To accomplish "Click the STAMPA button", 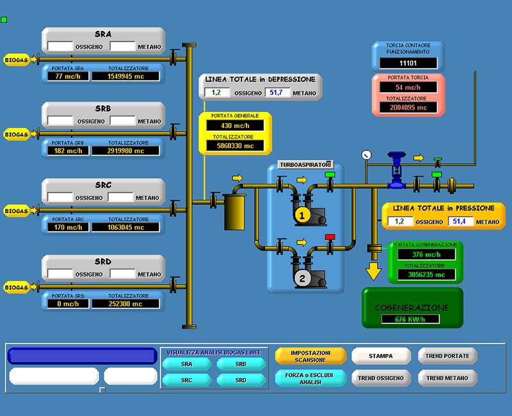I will coord(380,356).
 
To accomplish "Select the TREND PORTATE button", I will coord(447,356).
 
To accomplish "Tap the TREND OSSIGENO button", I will coord(380,378).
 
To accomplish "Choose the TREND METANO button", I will coord(447,378).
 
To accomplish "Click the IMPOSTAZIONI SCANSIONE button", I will coord(310,356).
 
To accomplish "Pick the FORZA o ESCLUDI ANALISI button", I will coord(310,378).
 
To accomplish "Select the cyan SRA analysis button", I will coord(186,364).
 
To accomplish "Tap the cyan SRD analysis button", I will coord(241,380).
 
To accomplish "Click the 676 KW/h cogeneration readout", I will coord(411,319).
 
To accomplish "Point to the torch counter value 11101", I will coord(408,63).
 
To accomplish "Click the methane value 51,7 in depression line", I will coord(276,93).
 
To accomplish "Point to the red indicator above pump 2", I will coord(330,237).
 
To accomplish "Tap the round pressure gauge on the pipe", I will coord(366,154).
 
